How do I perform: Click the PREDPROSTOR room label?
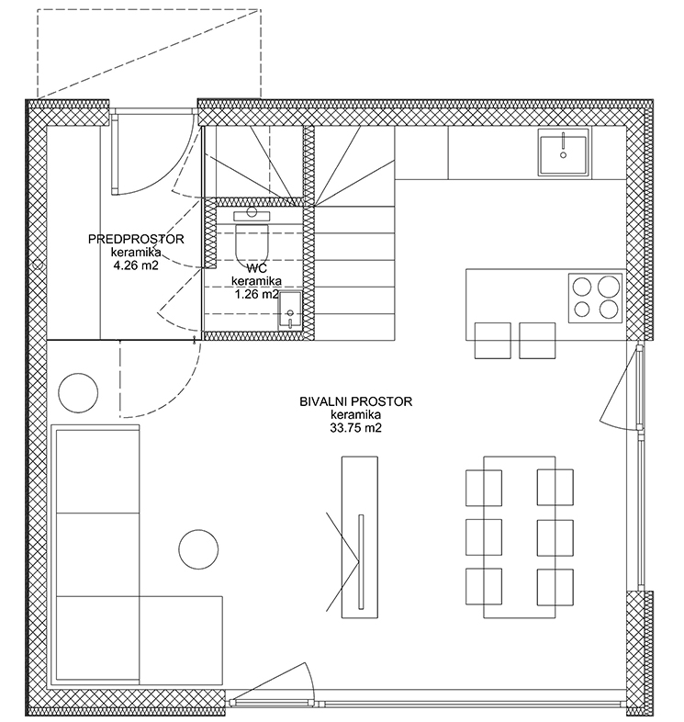point(136,239)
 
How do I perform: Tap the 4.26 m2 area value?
point(136,265)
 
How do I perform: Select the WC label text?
point(256,268)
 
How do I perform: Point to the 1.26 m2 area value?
point(256,294)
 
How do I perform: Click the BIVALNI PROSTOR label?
point(356,401)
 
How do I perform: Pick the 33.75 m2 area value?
point(356,428)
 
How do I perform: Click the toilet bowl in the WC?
point(252,243)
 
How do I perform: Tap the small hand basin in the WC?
point(290,310)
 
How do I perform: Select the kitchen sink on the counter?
point(564,152)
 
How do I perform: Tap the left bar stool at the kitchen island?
point(492,341)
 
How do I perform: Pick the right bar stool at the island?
point(537,341)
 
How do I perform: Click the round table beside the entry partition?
point(78,393)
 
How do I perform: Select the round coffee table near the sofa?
point(198,549)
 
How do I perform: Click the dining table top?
point(520,536)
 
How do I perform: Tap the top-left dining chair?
point(484,488)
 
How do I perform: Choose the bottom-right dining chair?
point(555,587)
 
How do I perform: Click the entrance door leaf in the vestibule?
point(115,154)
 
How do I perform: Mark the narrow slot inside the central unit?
point(361,561)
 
